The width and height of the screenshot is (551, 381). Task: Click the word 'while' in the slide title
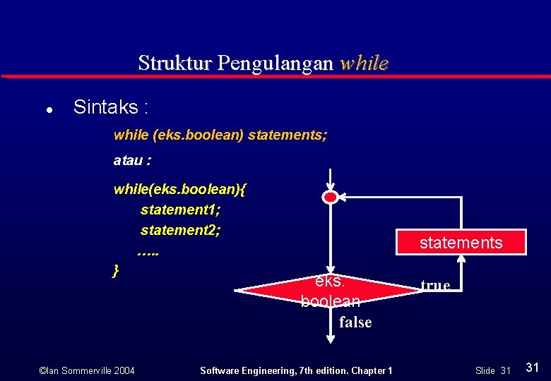pyautogui.click(x=363, y=63)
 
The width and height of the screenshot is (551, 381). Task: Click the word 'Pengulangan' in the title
pyautogui.click(x=275, y=64)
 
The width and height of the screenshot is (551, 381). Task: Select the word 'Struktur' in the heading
pyautogui.click(x=175, y=63)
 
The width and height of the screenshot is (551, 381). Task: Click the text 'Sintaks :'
pyautogui.click(x=111, y=108)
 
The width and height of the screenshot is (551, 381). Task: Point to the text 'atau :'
pyautogui.click(x=131, y=160)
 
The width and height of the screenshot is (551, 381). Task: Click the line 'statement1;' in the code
pyautogui.click(x=180, y=210)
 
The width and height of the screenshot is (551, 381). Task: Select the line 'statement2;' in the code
pyautogui.click(x=180, y=230)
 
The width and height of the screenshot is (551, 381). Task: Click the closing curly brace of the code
pyautogui.click(x=116, y=270)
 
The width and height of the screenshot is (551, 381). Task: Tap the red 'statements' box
pyautogui.click(x=461, y=242)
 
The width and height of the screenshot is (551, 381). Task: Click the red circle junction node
pyautogui.click(x=330, y=198)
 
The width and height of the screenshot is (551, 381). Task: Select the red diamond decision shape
pyautogui.click(x=329, y=291)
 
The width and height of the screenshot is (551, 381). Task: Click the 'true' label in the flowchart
pyautogui.click(x=435, y=285)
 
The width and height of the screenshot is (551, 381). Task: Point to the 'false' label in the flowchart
pyautogui.click(x=355, y=322)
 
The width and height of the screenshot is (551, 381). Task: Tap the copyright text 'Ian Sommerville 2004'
pyautogui.click(x=87, y=370)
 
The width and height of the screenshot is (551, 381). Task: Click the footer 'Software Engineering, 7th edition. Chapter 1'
pyautogui.click(x=297, y=370)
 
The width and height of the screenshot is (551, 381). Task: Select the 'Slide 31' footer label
pyautogui.click(x=492, y=370)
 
